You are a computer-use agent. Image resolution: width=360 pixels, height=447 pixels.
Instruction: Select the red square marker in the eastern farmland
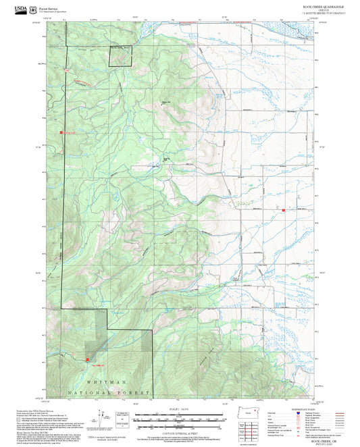(x=284, y=211)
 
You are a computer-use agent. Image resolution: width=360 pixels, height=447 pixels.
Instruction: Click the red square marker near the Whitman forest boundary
(x=88, y=359)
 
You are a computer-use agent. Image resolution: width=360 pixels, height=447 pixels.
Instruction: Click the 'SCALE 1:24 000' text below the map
(x=179, y=406)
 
